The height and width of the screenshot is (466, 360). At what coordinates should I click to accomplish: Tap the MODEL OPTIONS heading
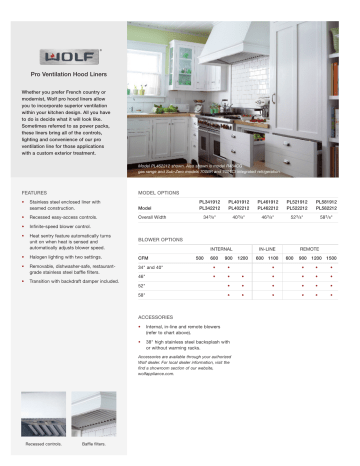coord(159,190)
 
